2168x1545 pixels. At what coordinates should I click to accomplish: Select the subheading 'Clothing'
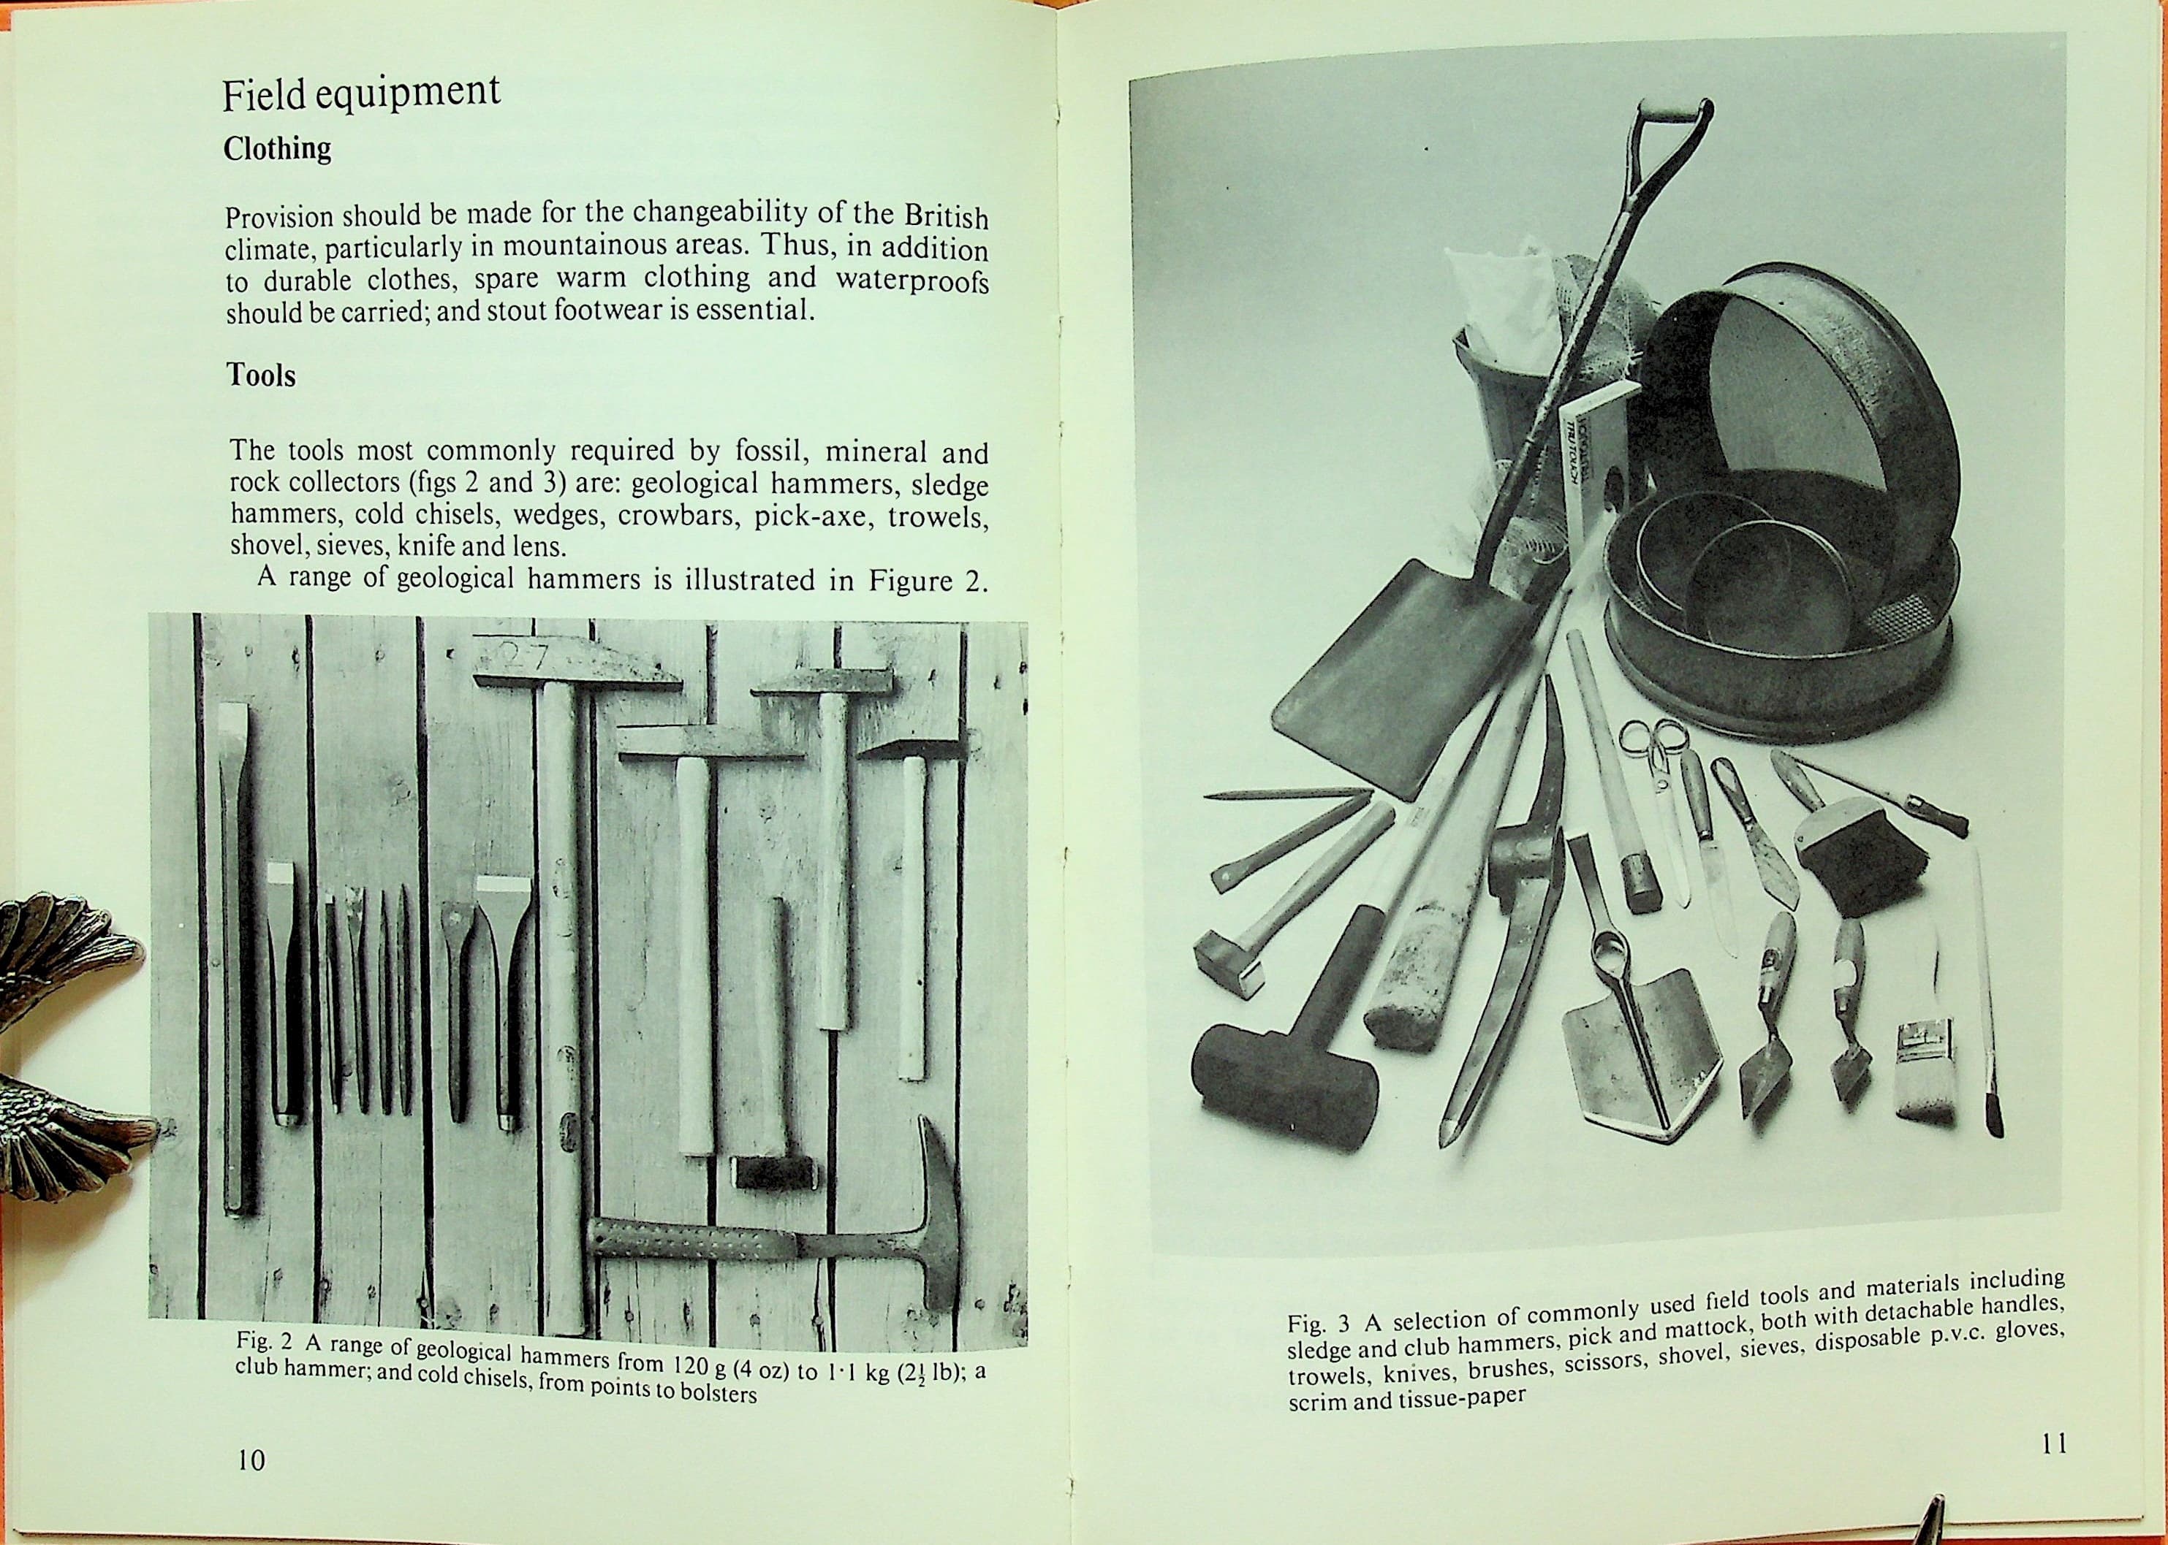coord(277,150)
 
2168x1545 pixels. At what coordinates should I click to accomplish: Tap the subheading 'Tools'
coord(261,375)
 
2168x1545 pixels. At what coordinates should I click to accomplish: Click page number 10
coord(251,1486)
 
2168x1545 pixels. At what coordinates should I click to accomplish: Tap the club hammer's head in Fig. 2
coord(772,1171)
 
